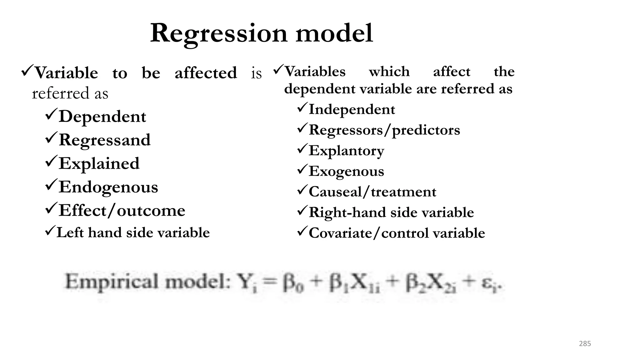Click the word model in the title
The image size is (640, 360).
(334, 33)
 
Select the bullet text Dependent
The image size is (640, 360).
(102, 117)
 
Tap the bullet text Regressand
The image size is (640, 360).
(104, 140)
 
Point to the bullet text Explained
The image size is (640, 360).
(99, 163)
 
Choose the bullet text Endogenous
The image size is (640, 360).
(108, 187)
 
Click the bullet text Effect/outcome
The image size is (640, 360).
(122, 210)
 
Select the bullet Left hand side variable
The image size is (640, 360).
(133, 232)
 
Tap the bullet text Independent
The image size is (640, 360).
(352, 109)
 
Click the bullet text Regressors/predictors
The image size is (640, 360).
(384, 130)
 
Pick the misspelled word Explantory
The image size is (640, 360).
(346, 151)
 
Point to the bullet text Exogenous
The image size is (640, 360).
(346, 171)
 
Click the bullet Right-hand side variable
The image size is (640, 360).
(391, 212)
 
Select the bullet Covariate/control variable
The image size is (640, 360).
(397, 233)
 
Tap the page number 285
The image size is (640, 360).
(585, 344)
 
